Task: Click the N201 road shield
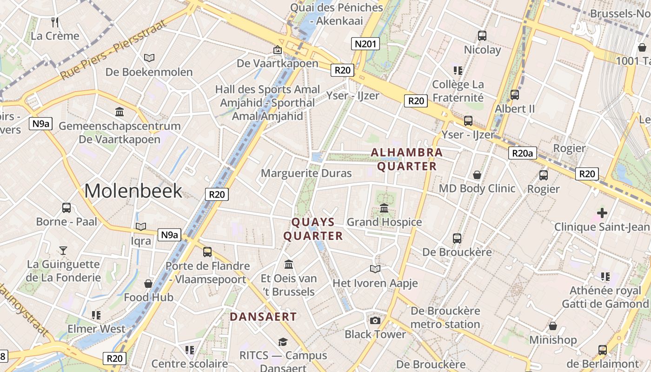365,44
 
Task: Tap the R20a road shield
523,153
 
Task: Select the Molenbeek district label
133,191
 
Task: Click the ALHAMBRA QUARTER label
407,159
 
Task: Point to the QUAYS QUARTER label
313,229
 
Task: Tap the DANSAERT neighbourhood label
263,317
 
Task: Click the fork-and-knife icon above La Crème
55,22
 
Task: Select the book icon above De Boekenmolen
149,58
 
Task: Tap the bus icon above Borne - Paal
66,208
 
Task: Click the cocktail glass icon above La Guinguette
63,251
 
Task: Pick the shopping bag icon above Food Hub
148,284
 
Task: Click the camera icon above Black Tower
375,320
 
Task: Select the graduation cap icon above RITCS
283,342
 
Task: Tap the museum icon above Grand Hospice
384,208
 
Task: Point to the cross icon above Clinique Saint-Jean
602,213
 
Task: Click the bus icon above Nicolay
482,36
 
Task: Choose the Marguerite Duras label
306,173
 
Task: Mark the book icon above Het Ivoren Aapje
375,269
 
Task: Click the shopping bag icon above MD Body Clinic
477,175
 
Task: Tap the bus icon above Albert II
515,95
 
